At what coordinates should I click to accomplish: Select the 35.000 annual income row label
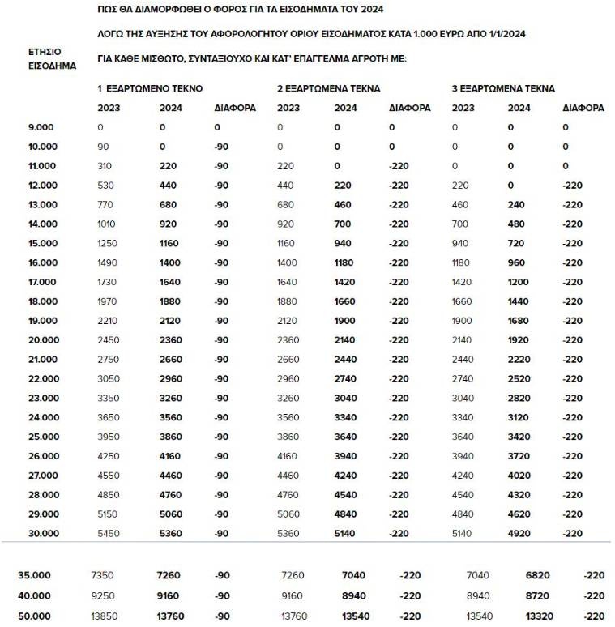34,575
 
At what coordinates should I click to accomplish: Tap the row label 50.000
34,616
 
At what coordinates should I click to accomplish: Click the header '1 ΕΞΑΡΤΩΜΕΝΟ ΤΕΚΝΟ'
150,88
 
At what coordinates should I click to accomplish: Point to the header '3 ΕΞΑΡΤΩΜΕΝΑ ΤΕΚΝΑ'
502,88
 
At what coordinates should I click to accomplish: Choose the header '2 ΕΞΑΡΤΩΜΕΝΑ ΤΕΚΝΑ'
328,88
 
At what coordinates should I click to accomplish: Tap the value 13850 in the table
105,616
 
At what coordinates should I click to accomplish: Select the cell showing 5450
108,533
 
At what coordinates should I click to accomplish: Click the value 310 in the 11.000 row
105,166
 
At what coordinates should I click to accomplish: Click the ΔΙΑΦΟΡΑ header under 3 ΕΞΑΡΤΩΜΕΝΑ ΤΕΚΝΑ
583,108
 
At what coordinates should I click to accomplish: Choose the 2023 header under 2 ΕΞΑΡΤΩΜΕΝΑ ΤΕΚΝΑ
288,108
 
